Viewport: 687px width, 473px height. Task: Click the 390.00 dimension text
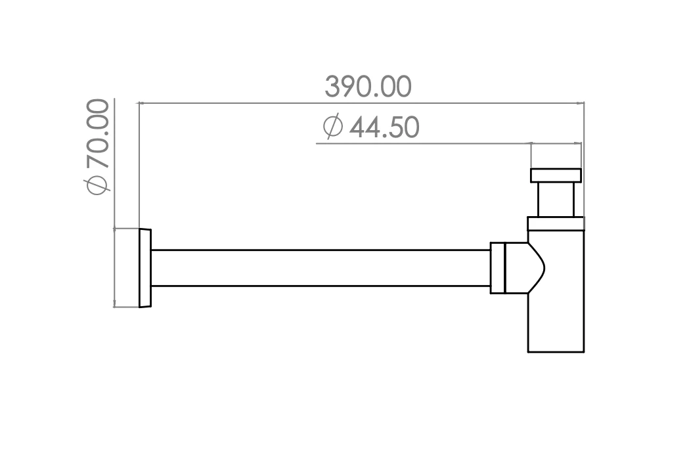(x=368, y=86)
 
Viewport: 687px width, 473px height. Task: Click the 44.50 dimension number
(x=384, y=127)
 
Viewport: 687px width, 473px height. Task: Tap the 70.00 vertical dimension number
(x=98, y=134)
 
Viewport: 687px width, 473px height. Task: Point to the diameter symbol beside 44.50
(x=332, y=126)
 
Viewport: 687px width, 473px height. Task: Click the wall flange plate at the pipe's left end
(x=145, y=268)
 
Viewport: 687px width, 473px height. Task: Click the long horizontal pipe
(x=321, y=268)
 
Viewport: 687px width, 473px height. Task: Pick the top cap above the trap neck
(x=556, y=175)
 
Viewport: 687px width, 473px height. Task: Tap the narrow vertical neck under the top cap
(x=556, y=200)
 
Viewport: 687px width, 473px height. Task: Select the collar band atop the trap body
(x=556, y=223)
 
